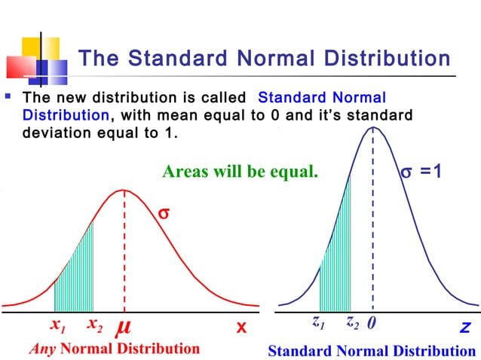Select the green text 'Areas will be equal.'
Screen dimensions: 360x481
pos(240,172)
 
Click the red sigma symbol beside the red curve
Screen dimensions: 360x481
pos(163,214)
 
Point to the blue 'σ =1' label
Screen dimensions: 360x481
pos(424,172)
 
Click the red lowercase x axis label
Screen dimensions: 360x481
pos(241,328)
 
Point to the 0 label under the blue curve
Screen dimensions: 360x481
pos(372,324)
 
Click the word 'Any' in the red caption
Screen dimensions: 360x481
pos(42,349)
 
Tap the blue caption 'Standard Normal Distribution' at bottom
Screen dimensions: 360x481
pos(372,351)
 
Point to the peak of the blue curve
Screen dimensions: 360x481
pos(372,127)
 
